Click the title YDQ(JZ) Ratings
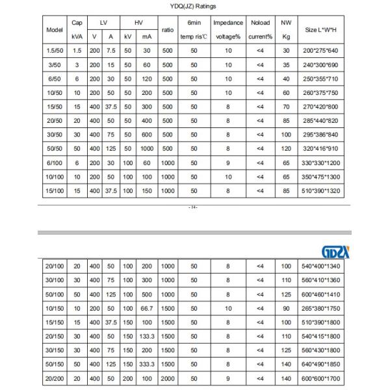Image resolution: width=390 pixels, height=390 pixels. point(194,6)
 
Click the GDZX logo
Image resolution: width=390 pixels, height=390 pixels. point(335,250)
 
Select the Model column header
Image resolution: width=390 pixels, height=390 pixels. point(53,30)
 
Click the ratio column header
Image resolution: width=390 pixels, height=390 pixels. point(167,30)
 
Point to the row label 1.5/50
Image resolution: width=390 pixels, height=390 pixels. point(53,50)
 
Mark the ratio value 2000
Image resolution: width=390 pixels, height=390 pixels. point(168,379)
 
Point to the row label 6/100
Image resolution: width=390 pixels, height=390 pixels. point(53,162)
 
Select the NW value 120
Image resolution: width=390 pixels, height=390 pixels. point(286,148)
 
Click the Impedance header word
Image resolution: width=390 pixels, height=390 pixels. point(227,23)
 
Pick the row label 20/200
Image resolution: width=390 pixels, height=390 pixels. point(53,379)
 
